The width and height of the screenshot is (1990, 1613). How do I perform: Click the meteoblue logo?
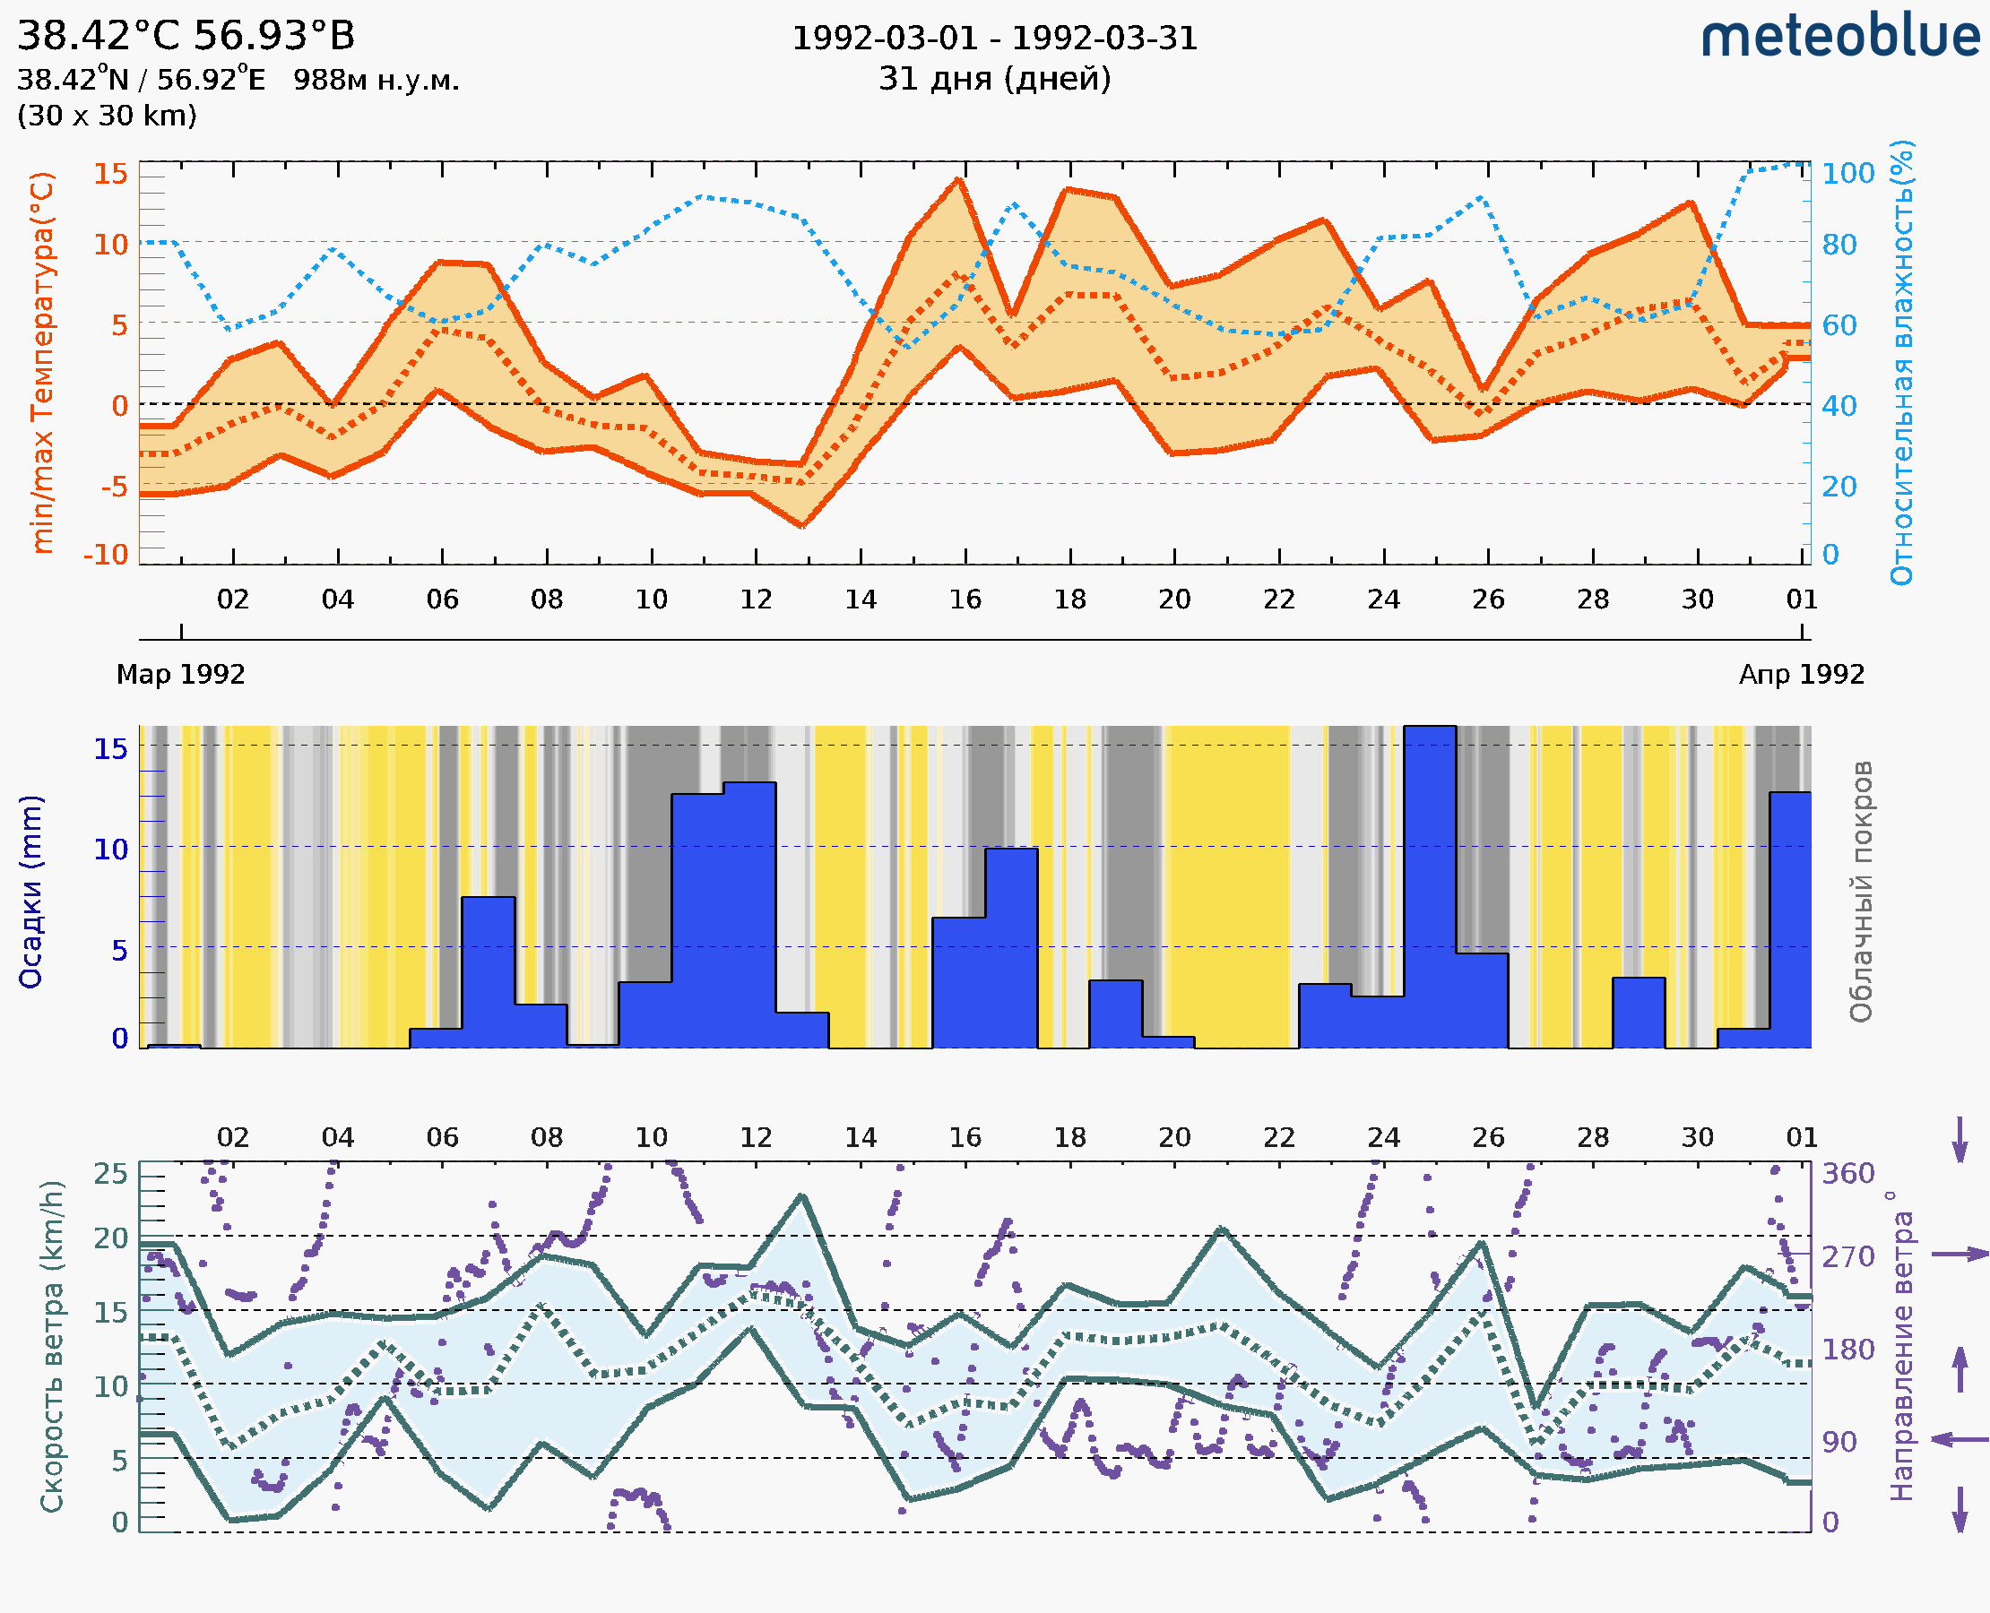(1839, 37)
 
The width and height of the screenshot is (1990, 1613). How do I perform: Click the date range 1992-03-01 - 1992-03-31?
(994, 39)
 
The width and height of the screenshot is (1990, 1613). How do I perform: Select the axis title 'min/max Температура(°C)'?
(42, 362)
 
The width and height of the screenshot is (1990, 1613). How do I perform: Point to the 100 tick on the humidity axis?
(1847, 174)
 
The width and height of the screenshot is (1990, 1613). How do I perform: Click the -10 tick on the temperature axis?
(106, 555)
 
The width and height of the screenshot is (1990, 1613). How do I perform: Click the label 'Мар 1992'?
(180, 675)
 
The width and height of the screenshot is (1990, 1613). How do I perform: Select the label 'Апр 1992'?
(1802, 675)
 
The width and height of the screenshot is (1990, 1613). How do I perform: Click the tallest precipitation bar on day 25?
(1430, 883)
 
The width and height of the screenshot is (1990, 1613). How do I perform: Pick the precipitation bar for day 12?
(749, 915)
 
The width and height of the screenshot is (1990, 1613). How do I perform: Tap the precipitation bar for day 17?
(1011, 948)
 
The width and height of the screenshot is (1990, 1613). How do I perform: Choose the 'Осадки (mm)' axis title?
(30, 892)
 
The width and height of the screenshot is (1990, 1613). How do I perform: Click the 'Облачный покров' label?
(1861, 892)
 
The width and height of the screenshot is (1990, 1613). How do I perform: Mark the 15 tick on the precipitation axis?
(110, 748)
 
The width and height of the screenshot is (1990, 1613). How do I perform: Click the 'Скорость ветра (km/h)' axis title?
(52, 1346)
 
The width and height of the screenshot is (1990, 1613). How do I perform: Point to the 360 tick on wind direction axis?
(1847, 1174)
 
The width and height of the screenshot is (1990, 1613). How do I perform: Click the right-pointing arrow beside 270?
(1960, 1255)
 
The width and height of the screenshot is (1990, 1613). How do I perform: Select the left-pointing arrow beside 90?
(1960, 1439)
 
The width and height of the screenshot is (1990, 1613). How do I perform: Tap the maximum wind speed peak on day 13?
(802, 1196)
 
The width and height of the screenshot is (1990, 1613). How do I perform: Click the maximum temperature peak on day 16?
(960, 180)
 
